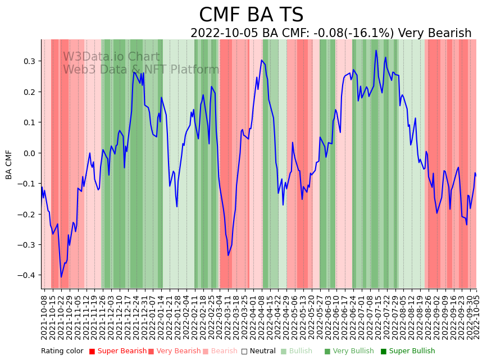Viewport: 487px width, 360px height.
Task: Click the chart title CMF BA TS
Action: coord(251,15)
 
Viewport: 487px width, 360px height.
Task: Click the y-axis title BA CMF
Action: coord(9,164)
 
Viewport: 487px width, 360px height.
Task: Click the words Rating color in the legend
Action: coord(62,351)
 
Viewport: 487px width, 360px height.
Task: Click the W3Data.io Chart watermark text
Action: coord(111,57)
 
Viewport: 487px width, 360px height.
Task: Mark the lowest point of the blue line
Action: coord(61,277)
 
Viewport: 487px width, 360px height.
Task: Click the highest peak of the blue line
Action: coord(376,51)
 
